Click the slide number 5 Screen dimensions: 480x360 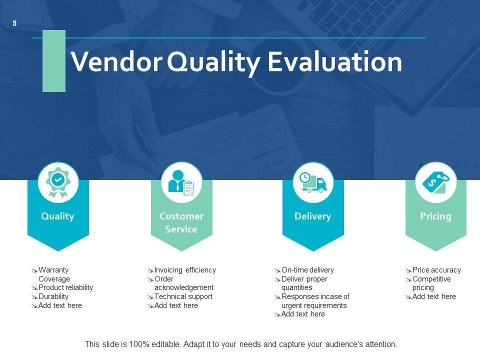(x=14, y=23)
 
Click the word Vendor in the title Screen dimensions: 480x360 (x=116, y=62)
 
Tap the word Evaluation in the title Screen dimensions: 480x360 (x=335, y=62)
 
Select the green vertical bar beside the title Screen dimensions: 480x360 (x=54, y=61)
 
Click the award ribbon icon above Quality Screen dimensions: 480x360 (x=58, y=182)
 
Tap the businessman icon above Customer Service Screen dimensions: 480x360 (x=181, y=183)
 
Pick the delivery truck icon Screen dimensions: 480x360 (x=313, y=183)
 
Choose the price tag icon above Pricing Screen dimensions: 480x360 (x=435, y=182)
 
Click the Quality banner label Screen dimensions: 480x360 (x=58, y=216)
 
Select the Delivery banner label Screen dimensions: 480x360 (x=313, y=216)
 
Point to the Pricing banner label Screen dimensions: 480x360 (x=435, y=216)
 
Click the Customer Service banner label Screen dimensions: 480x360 (x=181, y=222)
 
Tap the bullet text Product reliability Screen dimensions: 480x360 (x=65, y=287)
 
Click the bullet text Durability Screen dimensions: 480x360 (x=53, y=296)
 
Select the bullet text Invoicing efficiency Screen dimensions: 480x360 (x=185, y=270)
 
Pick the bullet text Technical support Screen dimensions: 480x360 (x=183, y=296)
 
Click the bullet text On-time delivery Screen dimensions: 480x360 (x=307, y=270)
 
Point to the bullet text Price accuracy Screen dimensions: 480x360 (x=436, y=270)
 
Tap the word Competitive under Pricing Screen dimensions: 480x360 (x=431, y=279)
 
